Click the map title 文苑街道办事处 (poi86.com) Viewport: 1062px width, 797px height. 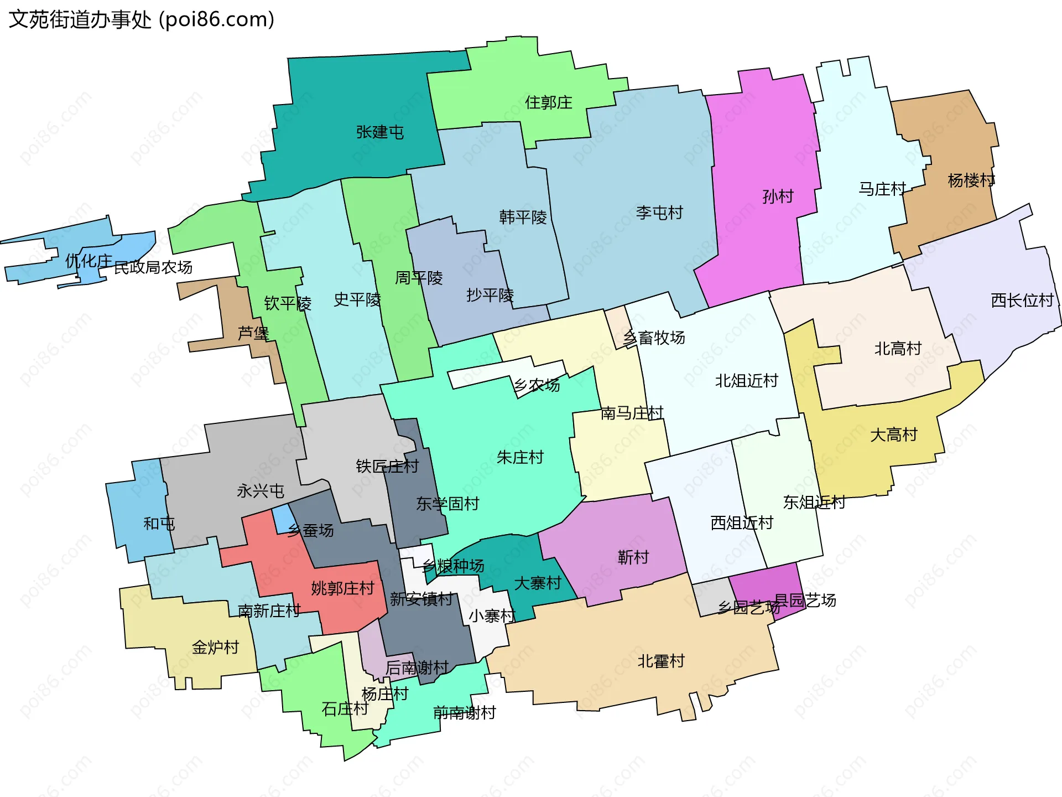point(142,19)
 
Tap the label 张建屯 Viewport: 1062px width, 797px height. point(379,132)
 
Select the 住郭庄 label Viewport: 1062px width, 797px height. point(548,102)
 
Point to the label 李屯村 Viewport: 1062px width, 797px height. point(659,213)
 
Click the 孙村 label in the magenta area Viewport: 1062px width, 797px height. point(778,196)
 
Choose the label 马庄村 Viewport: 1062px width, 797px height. point(882,189)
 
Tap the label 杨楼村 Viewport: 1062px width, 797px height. point(971,180)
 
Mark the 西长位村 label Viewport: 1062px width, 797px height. point(1022,301)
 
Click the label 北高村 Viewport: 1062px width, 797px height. point(898,349)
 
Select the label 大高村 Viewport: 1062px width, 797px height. point(894,435)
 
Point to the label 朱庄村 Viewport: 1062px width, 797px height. point(520,457)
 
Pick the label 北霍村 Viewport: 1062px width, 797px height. point(661,661)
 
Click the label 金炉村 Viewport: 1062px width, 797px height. point(215,647)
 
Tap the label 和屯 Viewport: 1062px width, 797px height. point(159,524)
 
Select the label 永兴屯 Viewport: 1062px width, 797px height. point(260,491)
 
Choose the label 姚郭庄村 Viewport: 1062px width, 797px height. point(342,588)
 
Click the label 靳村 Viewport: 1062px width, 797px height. point(633,557)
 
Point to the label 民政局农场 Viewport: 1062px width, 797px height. point(153,268)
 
